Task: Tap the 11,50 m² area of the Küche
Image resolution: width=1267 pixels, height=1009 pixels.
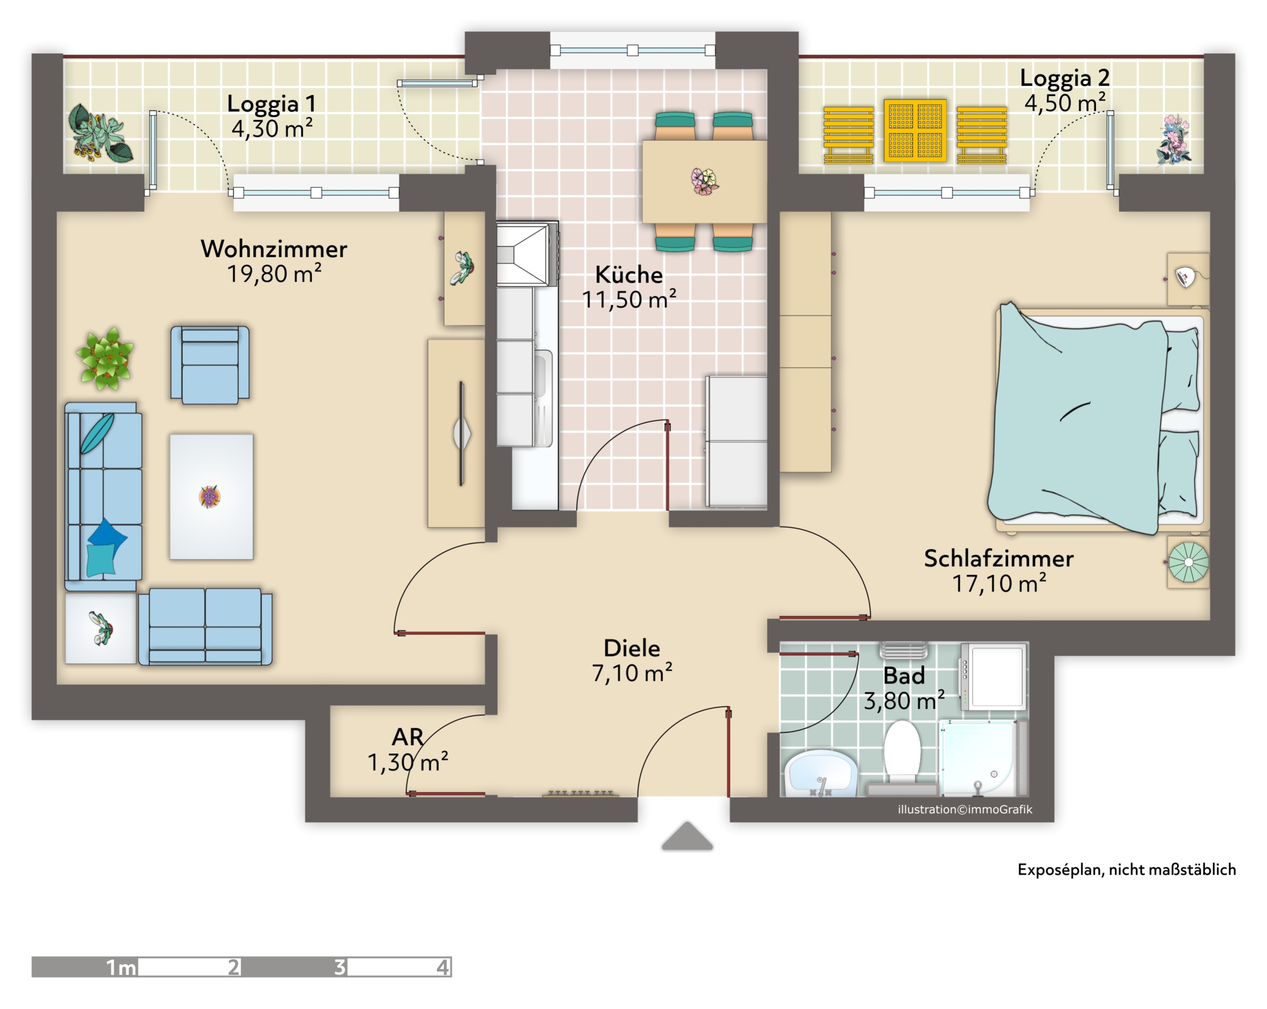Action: pyautogui.click(x=629, y=300)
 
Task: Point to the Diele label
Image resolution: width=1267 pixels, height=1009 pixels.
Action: pyautogui.click(x=632, y=648)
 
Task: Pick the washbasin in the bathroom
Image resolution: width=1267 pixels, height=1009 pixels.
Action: pyautogui.click(x=820, y=772)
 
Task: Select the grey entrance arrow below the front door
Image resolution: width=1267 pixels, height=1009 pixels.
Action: pyautogui.click(x=687, y=837)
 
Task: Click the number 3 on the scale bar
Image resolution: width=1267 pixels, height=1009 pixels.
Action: pyautogui.click(x=340, y=967)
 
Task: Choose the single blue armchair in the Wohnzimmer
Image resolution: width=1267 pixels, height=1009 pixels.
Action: pyautogui.click(x=210, y=365)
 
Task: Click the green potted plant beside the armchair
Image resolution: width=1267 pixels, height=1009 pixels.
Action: pyautogui.click(x=105, y=358)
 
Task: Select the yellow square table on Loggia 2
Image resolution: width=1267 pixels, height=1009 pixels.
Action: pyautogui.click(x=915, y=130)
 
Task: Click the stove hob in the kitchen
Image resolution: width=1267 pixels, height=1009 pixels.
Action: pyautogui.click(x=527, y=254)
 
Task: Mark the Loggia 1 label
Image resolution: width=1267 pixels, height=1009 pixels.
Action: pyautogui.click(x=272, y=104)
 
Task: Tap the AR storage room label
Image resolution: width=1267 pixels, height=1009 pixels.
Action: pyautogui.click(x=407, y=737)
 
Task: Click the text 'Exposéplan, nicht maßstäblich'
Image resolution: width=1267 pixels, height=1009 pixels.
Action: pyautogui.click(x=1127, y=870)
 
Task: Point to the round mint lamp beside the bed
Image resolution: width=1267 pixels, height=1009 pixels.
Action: pyautogui.click(x=1188, y=562)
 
